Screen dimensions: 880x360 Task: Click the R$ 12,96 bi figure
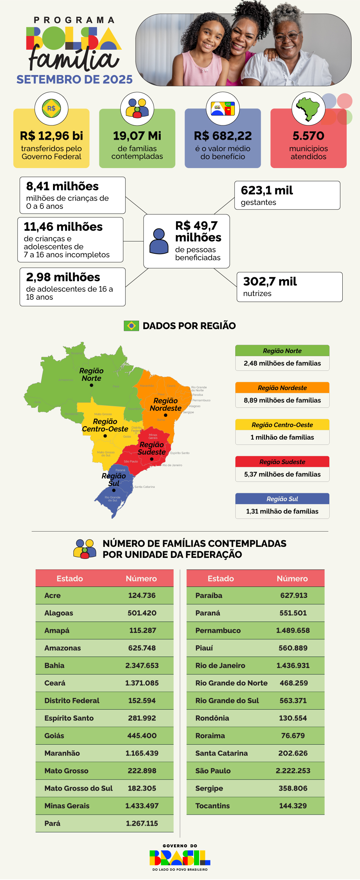[x=51, y=136]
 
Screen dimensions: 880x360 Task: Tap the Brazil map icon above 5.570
[x=308, y=109]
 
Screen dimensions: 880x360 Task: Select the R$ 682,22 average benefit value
[x=223, y=136]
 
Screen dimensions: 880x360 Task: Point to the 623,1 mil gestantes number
[x=267, y=191]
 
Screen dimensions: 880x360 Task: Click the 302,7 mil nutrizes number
[x=270, y=281]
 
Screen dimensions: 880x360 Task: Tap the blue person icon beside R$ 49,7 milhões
[x=159, y=241]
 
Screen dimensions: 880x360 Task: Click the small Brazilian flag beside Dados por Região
[x=131, y=325]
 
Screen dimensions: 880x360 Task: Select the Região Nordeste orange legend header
[x=282, y=388]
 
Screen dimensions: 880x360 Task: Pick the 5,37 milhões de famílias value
[x=282, y=474]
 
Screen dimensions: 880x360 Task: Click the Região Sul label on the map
[x=113, y=479]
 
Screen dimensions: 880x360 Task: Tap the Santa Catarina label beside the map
[x=144, y=487]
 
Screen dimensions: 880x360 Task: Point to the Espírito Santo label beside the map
[x=180, y=453]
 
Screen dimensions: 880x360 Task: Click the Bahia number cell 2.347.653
[x=142, y=666]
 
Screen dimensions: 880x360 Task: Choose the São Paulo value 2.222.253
[x=293, y=771]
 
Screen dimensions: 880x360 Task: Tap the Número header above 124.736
[x=141, y=578]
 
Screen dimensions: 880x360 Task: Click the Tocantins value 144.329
[x=293, y=806]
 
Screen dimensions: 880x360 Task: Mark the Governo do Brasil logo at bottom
[x=180, y=857]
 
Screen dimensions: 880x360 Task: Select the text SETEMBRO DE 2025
[x=74, y=80]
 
